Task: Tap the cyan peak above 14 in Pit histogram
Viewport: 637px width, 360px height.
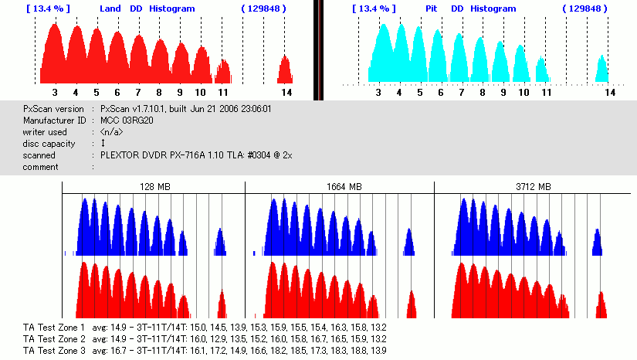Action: (601, 68)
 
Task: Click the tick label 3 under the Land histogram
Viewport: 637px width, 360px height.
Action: (55, 92)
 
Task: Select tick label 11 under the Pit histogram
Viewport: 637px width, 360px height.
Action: (546, 92)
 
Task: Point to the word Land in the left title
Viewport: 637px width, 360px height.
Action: (110, 8)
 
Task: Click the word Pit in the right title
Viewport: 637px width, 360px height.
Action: (432, 8)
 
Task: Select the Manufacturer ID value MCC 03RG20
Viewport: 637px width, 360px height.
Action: (127, 121)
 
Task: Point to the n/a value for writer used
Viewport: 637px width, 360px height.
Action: (114, 132)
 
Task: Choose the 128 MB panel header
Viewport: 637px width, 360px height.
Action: (154, 187)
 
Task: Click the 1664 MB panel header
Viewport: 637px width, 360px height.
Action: (340, 187)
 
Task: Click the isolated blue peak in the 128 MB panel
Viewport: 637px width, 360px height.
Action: (220, 242)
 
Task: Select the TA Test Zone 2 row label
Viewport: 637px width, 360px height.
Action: (54, 338)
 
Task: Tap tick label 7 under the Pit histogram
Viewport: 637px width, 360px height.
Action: (462, 92)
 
